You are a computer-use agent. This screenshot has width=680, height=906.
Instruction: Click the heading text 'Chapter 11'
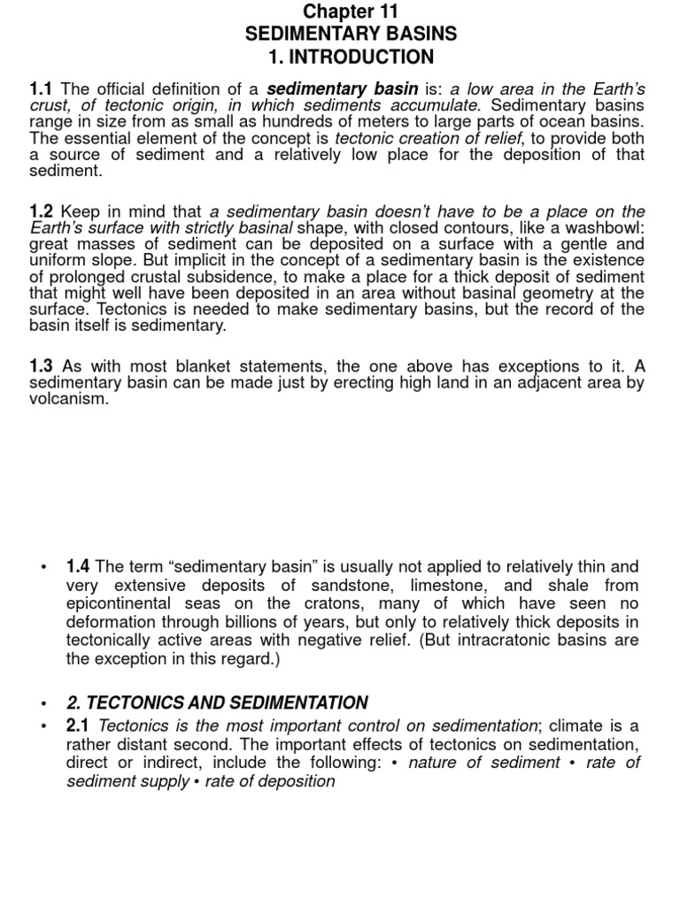[351, 12]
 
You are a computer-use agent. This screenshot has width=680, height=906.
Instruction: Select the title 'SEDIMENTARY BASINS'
[352, 35]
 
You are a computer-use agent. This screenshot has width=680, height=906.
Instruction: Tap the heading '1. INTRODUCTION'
[352, 58]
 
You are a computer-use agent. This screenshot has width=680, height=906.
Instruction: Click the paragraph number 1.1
[42, 89]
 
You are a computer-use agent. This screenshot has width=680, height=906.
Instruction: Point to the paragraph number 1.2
[42, 211]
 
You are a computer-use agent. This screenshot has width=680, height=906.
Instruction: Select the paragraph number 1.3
[42, 366]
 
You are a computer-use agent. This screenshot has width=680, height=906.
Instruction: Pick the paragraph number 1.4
[78, 566]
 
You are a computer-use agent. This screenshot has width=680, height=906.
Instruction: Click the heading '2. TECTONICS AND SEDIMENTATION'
[217, 703]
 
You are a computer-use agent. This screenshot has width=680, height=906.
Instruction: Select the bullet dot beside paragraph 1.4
[42, 567]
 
